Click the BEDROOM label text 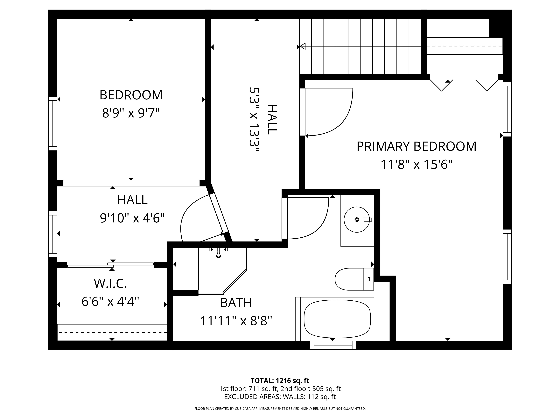[131, 95]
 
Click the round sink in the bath [356, 220]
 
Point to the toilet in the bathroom [354, 279]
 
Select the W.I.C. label [110, 283]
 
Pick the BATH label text [236, 303]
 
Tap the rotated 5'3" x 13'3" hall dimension [254, 120]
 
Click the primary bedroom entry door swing [329, 113]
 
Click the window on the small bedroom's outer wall [53, 123]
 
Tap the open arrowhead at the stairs [303, 46]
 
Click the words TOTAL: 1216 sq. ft [280, 381]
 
